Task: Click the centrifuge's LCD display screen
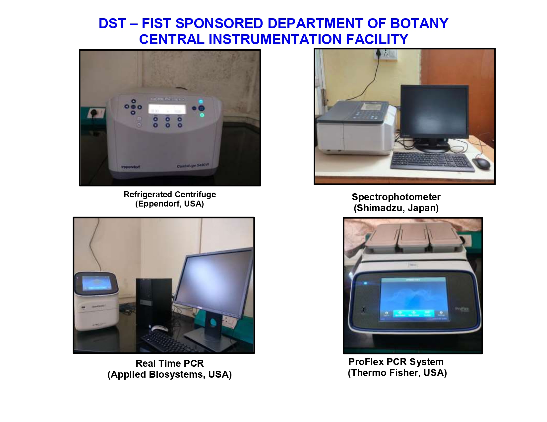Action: [167, 109]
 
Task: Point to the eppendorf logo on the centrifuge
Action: [130, 167]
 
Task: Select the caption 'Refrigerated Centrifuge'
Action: [170, 194]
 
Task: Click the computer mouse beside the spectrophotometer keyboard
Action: [481, 163]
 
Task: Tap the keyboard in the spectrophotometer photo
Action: [432, 161]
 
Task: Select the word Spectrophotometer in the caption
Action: [396, 197]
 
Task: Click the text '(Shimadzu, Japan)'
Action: [396, 208]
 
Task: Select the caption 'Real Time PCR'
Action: [170, 363]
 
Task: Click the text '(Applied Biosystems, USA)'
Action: [169, 374]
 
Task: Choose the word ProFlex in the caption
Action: [366, 362]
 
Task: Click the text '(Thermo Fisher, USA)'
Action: [397, 373]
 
